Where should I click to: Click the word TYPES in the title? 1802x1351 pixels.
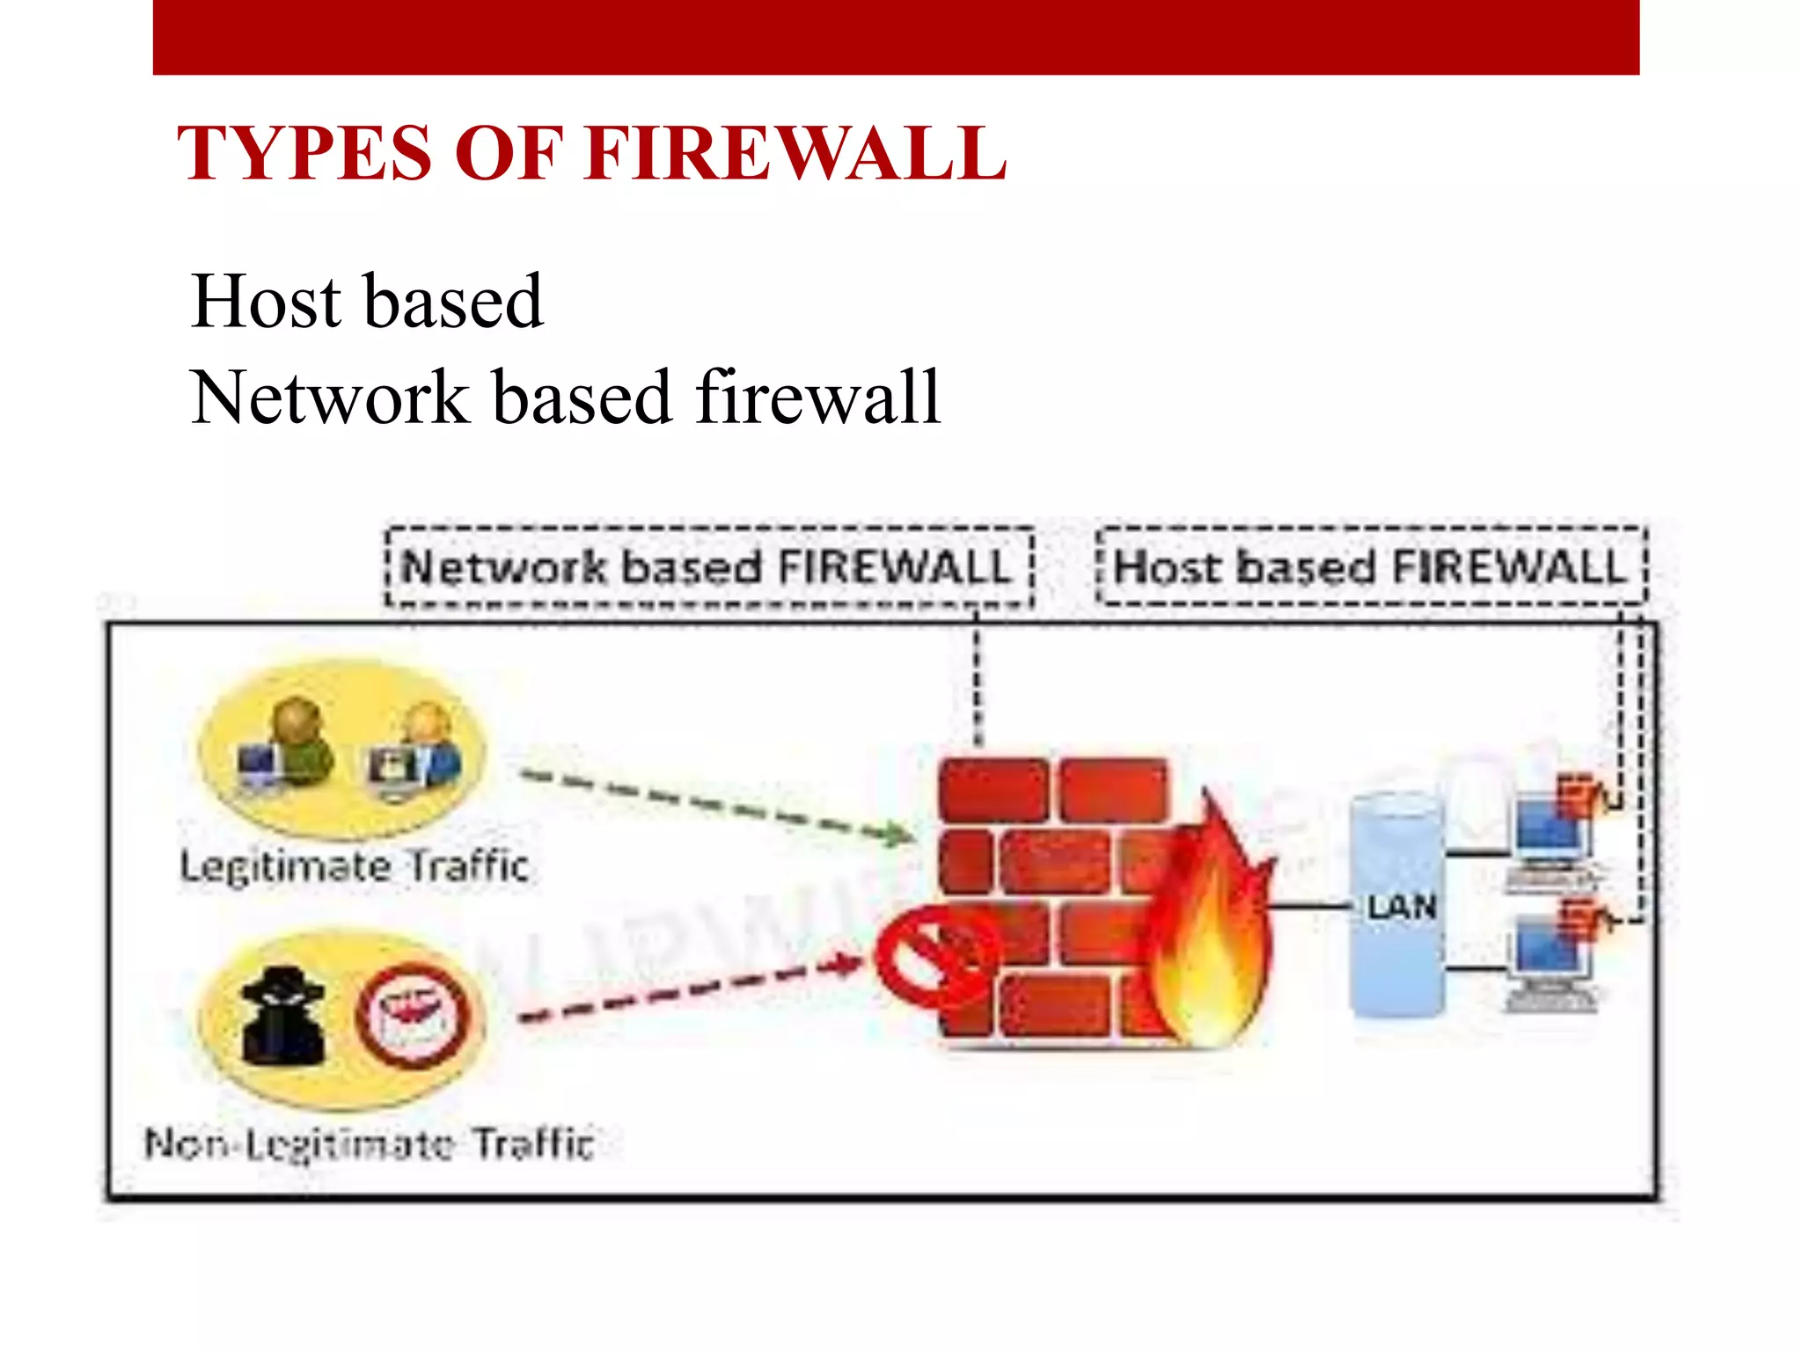304,154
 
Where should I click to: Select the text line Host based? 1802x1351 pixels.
367,302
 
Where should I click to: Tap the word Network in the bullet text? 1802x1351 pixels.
330,398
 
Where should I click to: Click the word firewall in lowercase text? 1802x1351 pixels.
818,398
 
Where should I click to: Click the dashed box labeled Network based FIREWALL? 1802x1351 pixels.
709,567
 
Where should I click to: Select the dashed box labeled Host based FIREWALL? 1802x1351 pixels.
1371,567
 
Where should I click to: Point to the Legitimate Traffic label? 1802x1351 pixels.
354,866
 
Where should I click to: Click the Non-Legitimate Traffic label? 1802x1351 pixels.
370,1144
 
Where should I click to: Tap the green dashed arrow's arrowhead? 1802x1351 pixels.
899,832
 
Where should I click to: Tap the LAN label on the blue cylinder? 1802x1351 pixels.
1401,907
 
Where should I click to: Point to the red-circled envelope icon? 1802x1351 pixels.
412,1016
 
